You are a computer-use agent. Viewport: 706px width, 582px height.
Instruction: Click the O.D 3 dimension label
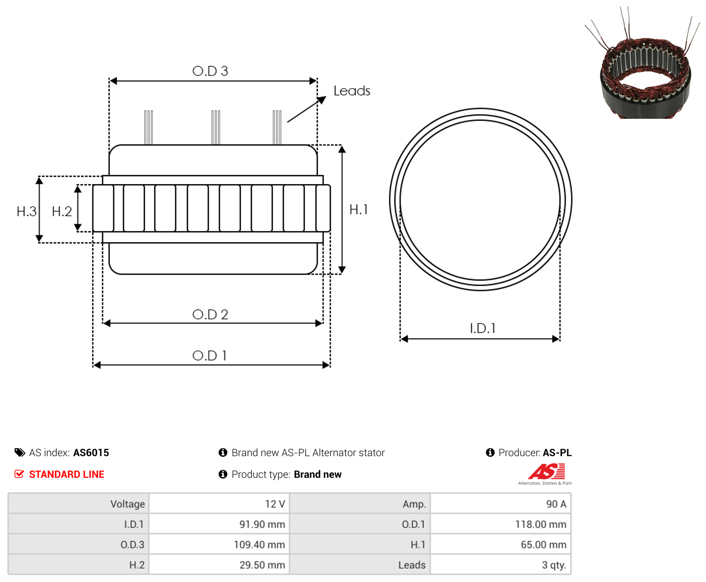click(210, 71)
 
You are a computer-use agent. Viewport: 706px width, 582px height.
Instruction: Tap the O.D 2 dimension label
click(210, 315)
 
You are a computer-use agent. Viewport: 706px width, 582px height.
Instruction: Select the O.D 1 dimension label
click(210, 356)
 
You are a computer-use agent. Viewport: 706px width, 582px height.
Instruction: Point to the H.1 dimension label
click(358, 210)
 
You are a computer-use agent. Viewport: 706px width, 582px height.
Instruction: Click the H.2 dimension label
click(62, 212)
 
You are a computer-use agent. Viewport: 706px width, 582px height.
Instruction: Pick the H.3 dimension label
click(27, 212)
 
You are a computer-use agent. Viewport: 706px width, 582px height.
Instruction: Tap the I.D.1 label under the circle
click(482, 328)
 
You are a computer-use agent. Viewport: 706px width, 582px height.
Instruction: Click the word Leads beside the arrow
click(352, 91)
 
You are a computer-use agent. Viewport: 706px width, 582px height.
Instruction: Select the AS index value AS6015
click(91, 453)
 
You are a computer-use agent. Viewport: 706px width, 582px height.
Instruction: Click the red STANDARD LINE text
click(67, 474)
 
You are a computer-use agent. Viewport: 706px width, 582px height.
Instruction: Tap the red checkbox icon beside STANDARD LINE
click(19, 474)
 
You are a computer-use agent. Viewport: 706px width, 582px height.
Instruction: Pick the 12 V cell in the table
click(219, 504)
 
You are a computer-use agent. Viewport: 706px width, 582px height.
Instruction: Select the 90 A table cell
click(501, 504)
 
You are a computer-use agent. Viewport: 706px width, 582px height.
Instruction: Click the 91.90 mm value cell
click(219, 524)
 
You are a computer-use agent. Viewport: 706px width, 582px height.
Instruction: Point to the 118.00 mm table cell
click(501, 524)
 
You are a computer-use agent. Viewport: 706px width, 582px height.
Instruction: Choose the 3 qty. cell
click(501, 565)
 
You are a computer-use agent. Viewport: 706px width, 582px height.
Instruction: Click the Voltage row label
click(127, 504)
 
